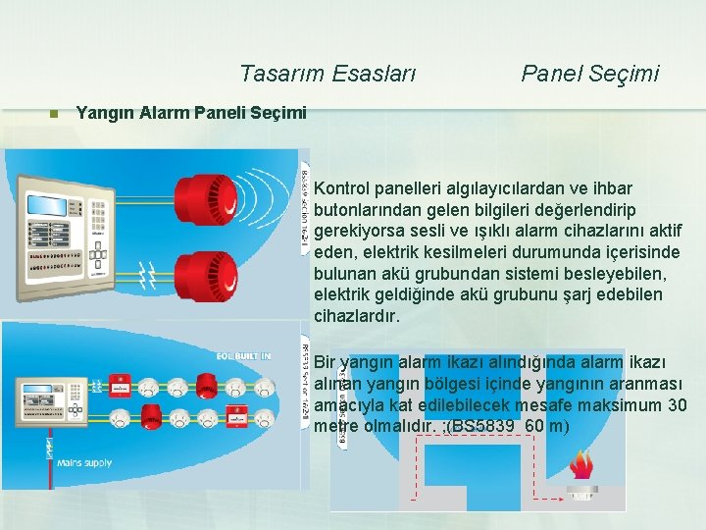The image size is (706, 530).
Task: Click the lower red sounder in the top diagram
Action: pyautogui.click(x=203, y=249)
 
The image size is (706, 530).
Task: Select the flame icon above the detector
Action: pyautogui.click(x=583, y=464)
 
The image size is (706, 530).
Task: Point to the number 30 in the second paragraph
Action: pyautogui.click(x=677, y=404)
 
